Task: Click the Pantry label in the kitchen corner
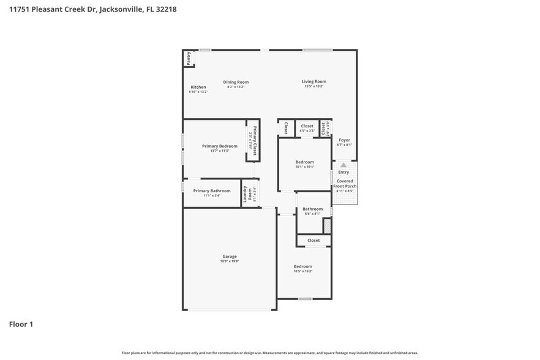coord(189,58)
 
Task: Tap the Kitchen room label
coord(198,88)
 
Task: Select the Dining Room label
coord(236,82)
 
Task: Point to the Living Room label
coord(313,81)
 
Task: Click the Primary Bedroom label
coord(219,146)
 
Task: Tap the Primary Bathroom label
coord(212,191)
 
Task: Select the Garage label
coord(230,257)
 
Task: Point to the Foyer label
coord(344,140)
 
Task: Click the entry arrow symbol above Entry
coord(343,165)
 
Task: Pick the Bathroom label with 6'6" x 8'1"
coord(312,209)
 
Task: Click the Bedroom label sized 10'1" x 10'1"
coord(304,162)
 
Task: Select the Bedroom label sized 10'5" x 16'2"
coord(302,266)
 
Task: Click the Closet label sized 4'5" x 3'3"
coord(307,126)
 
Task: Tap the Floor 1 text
coord(21,324)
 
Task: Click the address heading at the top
coord(92,10)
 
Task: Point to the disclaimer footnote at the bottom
coord(270,353)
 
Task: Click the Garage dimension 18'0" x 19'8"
coord(230,261)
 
